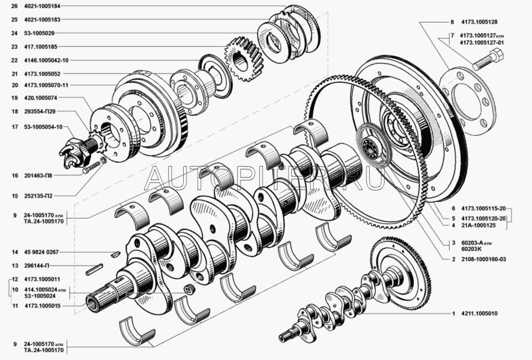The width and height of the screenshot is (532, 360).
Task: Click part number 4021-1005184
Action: pos(42,6)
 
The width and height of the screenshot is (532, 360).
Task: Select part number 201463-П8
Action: pos(38,176)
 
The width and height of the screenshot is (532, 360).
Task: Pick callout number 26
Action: pos(14,6)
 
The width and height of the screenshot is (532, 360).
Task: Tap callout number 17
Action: pos(14,127)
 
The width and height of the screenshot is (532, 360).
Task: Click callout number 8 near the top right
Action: pos(452,22)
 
